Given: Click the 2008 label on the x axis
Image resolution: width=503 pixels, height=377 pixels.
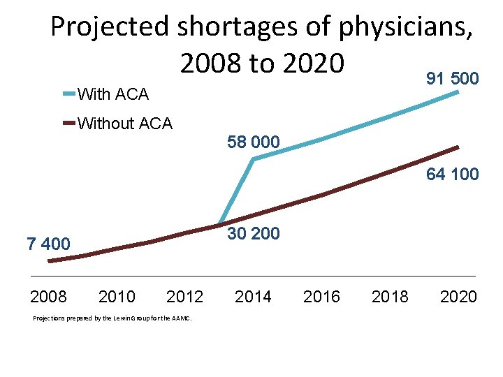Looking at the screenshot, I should (48, 297).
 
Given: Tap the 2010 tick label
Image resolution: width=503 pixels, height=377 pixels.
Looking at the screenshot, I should (117, 297).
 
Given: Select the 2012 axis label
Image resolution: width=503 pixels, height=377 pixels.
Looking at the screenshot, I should (184, 297).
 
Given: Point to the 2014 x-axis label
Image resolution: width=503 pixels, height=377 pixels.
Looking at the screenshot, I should (253, 297).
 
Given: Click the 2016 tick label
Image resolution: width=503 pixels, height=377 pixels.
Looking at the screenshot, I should (321, 297).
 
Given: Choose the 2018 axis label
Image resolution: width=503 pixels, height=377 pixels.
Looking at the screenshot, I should (390, 297).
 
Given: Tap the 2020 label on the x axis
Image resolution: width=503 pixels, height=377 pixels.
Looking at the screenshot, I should (458, 297).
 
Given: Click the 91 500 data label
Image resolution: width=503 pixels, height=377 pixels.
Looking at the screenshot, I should (452, 78).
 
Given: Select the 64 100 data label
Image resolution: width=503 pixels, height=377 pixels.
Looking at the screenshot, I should (452, 174).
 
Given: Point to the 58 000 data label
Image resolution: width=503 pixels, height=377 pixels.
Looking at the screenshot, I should (254, 142).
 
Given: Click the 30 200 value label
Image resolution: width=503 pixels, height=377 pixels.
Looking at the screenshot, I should (254, 234).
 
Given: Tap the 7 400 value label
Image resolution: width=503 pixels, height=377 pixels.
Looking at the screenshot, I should (48, 244).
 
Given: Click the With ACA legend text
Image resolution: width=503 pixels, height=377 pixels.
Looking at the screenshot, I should (113, 94).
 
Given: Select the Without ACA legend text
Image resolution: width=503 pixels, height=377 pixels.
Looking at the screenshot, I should (125, 124).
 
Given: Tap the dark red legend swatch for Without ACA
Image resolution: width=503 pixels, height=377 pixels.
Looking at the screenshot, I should (69, 124).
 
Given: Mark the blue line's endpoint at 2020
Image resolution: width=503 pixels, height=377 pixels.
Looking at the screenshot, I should (458, 91).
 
